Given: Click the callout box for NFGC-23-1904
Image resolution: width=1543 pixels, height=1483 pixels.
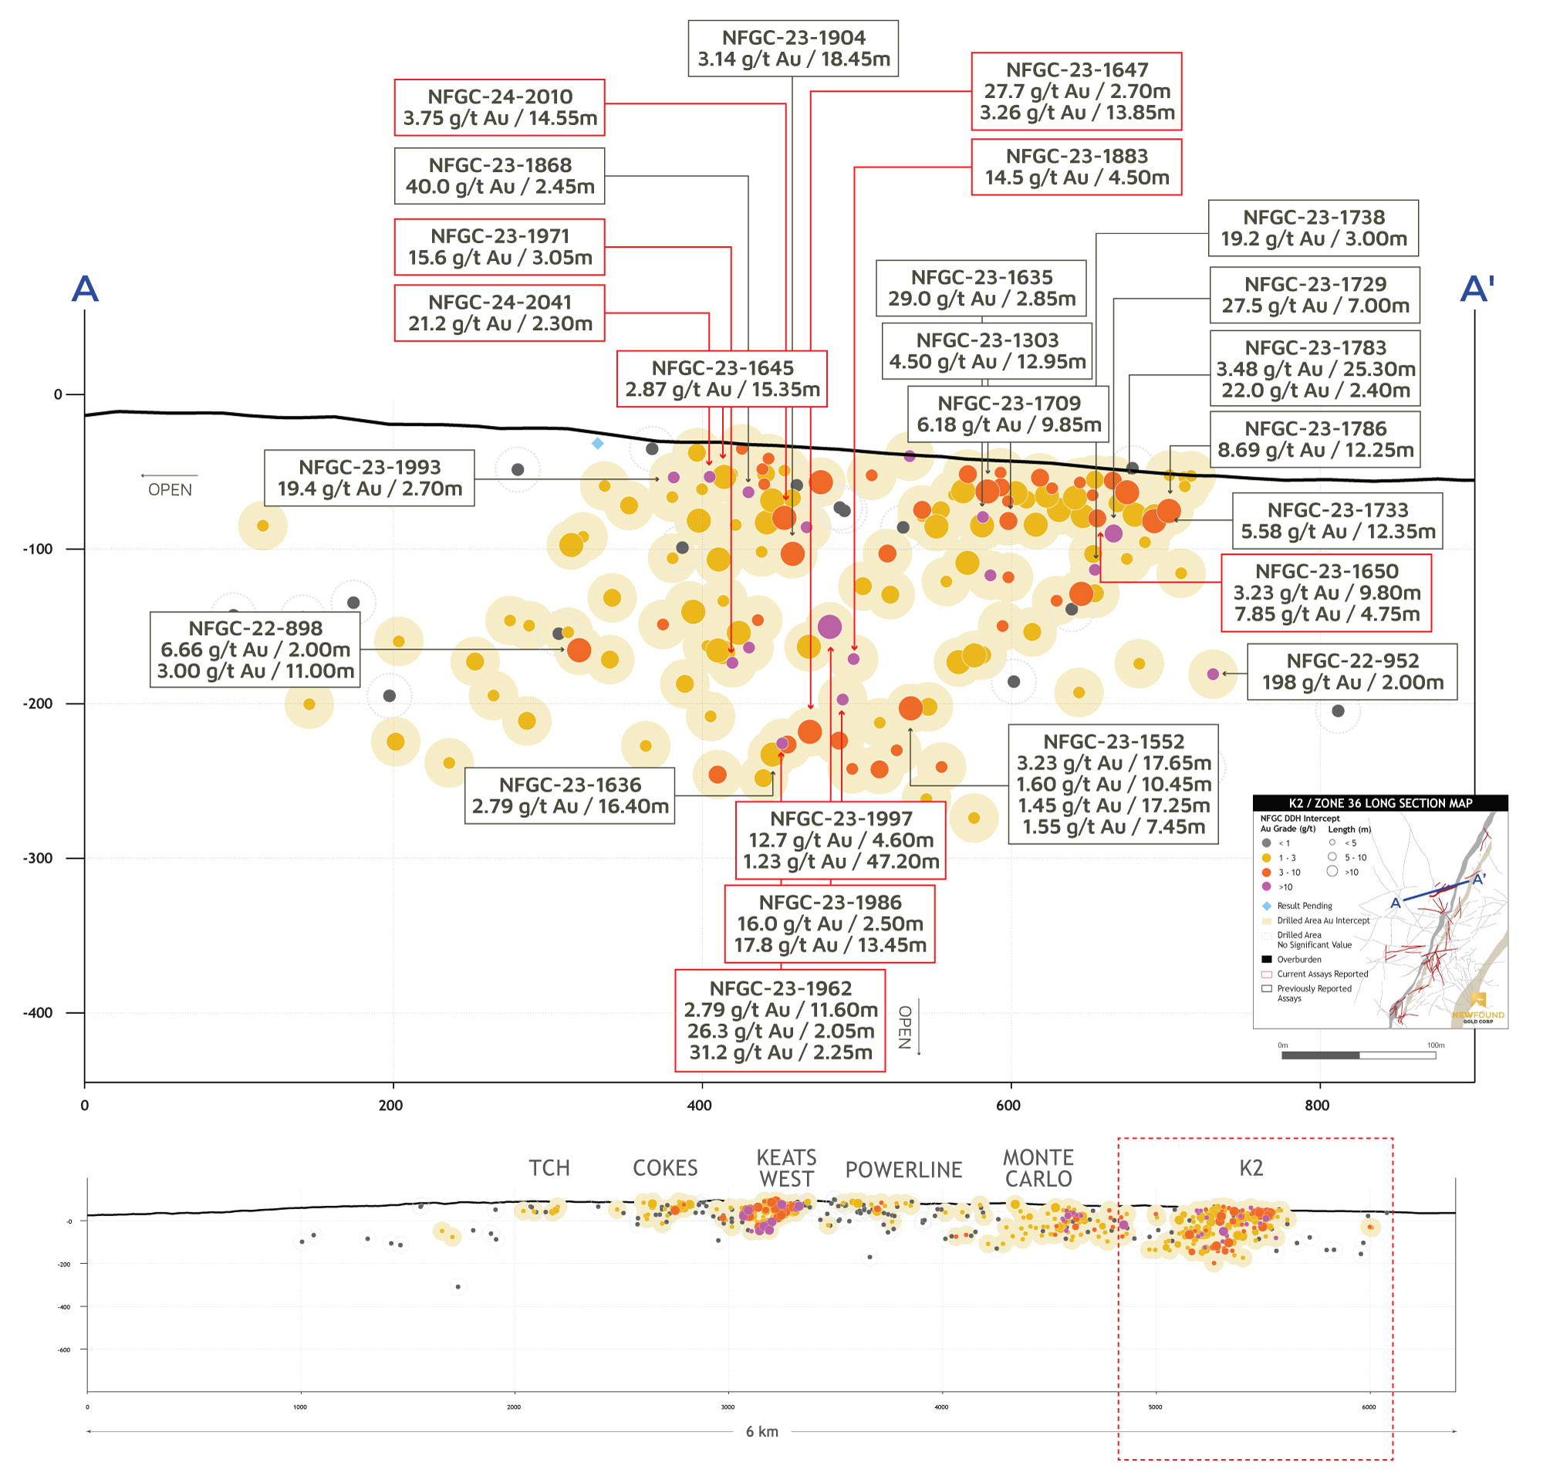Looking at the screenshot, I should point(793,48).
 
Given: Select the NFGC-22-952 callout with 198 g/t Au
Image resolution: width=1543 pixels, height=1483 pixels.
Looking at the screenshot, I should point(1352,671).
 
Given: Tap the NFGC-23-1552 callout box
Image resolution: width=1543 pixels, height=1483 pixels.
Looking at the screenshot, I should point(1113,784).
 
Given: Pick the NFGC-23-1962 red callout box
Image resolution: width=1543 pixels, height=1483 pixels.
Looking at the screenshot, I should point(779,1020).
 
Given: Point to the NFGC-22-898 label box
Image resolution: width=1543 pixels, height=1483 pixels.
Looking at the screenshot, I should point(255,650).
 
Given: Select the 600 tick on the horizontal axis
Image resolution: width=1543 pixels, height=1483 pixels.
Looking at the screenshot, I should point(1008,1105).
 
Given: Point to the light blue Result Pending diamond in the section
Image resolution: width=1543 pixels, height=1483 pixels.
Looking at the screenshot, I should point(597,444).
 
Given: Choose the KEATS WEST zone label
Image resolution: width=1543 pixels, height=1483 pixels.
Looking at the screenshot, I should point(785,1168).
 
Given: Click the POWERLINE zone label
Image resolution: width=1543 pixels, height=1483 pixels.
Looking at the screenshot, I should point(903,1170).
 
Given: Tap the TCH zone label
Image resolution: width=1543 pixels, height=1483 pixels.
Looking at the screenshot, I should point(549,1167).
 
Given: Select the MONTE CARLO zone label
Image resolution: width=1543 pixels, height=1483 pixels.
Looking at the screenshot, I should point(1038,1168).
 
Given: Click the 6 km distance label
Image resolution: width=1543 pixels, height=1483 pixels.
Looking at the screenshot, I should point(762,1431).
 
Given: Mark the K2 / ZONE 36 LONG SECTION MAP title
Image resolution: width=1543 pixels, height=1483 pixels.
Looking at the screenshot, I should point(1379,803).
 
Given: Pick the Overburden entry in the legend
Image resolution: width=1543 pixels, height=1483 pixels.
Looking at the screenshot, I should point(1299,960).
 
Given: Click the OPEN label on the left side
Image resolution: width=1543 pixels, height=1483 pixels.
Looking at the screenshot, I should point(170,490).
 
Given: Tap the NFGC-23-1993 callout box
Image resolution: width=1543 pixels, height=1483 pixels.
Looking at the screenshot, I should point(370,478).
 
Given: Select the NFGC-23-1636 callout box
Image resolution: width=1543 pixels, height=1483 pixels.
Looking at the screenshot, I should point(570,795).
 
